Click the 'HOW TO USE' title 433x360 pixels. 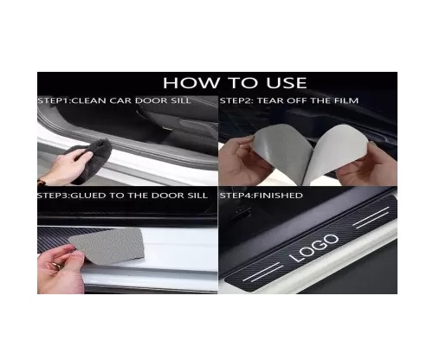[235, 83]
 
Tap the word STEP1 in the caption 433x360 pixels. [54, 100]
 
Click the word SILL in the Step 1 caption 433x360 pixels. [180, 100]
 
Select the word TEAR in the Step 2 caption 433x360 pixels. [269, 100]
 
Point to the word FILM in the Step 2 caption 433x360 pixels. [346, 100]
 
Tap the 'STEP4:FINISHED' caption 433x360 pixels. [262, 196]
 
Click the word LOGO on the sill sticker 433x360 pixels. [313, 248]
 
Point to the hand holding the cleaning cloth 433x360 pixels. [67, 169]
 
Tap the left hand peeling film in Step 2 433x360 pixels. [241, 162]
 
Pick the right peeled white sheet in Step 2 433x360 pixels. [335, 151]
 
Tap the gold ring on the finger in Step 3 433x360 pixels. [56, 266]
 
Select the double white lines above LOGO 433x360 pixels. [371, 218]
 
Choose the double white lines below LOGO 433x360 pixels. [262, 272]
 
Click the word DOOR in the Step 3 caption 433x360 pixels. [169, 196]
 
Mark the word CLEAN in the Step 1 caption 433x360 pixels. [89, 100]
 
